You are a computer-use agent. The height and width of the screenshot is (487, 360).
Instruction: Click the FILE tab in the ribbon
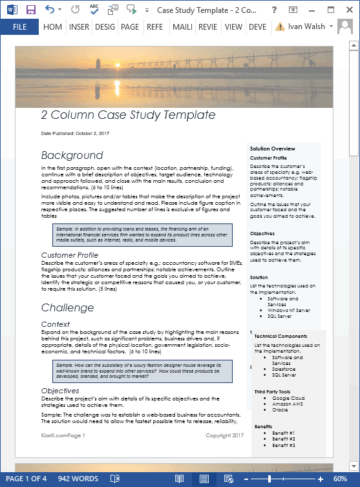point(19,27)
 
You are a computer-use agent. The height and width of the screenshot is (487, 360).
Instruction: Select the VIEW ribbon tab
point(233,27)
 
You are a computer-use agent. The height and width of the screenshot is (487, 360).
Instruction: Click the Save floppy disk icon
point(30,10)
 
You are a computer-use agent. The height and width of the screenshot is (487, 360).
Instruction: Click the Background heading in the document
point(72,155)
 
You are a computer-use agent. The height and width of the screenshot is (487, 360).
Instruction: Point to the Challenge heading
point(67,307)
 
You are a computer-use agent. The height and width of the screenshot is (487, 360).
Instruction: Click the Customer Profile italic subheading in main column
point(70,255)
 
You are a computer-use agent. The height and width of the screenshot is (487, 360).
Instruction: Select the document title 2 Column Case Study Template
point(128,115)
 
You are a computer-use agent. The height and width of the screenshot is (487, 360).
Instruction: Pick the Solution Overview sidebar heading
point(273,149)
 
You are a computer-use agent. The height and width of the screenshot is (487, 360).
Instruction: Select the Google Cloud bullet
point(288,399)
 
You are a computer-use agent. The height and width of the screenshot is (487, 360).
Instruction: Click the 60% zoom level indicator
point(340,479)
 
